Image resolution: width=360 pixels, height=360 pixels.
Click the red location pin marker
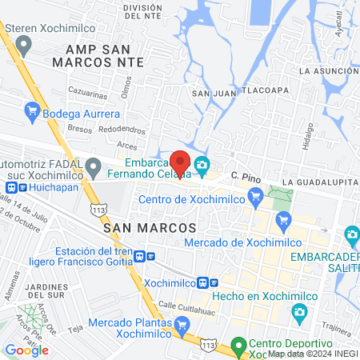tap(181, 162)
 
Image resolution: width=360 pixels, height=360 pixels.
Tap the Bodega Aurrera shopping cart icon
tap(33, 110)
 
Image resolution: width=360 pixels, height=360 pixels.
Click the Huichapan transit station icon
tap(11, 188)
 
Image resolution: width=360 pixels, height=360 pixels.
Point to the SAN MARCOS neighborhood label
tap(150, 227)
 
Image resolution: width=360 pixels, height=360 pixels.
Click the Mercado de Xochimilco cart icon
tap(282, 219)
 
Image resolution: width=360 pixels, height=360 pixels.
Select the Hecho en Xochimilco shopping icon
tap(299, 314)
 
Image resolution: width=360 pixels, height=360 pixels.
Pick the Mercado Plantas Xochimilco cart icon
tap(182, 324)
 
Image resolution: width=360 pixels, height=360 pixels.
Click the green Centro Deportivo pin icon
tap(238, 346)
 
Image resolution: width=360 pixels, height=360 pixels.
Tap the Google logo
tap(27, 350)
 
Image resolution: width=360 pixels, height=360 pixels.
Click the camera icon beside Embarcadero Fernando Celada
tap(202, 166)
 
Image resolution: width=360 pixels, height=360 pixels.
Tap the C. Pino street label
tap(246, 175)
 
